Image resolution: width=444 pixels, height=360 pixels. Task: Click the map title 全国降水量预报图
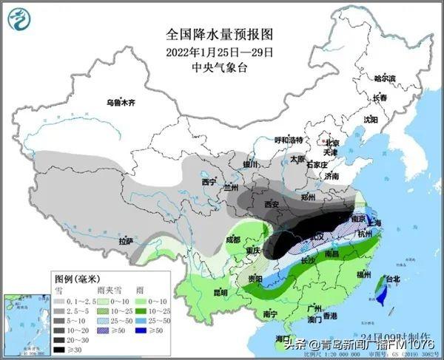click(x=220, y=35)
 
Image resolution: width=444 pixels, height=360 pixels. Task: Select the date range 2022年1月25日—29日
click(x=220, y=52)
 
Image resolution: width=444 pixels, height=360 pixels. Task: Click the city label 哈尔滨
click(x=384, y=78)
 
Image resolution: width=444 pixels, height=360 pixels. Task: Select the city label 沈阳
click(x=369, y=119)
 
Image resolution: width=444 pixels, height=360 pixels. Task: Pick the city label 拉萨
click(x=126, y=240)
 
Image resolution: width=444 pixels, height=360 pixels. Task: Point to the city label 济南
click(x=330, y=177)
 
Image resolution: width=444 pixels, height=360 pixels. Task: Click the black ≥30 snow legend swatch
click(x=60, y=349)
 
